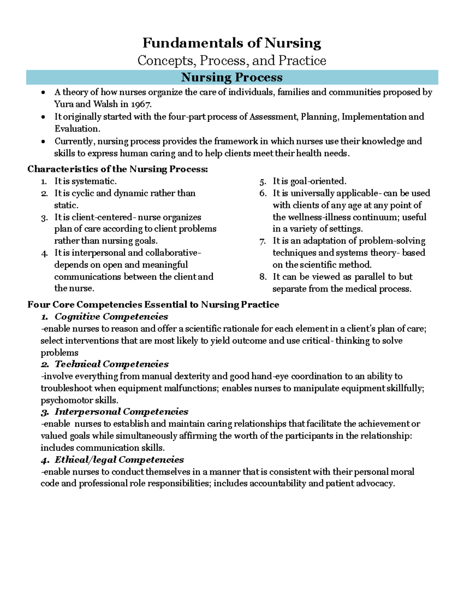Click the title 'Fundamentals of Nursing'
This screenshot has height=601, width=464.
click(232, 43)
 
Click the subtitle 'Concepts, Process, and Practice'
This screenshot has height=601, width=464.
click(232, 60)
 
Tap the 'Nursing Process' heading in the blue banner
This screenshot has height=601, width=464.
click(232, 77)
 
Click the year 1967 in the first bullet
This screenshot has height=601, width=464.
click(141, 104)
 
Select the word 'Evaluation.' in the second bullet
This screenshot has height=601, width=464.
click(77, 128)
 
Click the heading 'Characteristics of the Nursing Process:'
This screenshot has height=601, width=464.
click(118, 169)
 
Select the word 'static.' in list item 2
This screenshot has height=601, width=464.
click(66, 205)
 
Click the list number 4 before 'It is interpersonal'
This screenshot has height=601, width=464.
click(44, 253)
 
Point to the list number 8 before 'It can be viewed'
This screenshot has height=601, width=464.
click(263, 277)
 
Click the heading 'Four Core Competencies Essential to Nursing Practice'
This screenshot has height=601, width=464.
click(153, 305)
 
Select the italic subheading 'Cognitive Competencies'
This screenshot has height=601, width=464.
click(111, 317)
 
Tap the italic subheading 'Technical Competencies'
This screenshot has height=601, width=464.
click(111, 364)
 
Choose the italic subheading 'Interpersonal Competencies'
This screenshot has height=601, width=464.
click(121, 412)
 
